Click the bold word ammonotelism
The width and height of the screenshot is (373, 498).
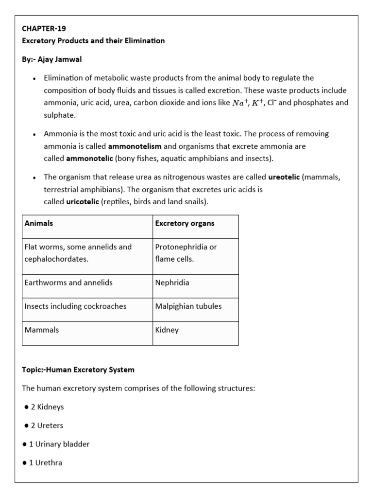(x=135, y=146)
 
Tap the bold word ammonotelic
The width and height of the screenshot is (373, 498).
(x=90, y=159)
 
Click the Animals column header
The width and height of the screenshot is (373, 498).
(x=39, y=224)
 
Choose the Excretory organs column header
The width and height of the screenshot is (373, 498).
(x=185, y=224)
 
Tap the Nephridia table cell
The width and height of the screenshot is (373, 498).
(x=172, y=283)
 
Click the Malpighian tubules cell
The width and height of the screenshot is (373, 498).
(x=188, y=306)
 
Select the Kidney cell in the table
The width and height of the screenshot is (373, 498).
(x=167, y=330)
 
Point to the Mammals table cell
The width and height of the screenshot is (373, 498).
(x=42, y=330)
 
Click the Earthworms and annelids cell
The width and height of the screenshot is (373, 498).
(x=68, y=283)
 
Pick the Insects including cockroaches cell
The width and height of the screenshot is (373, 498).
(x=75, y=306)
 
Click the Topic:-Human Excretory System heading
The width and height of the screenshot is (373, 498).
(x=78, y=370)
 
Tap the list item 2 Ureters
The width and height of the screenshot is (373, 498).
(x=47, y=426)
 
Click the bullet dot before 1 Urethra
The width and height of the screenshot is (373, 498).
(x=25, y=463)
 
